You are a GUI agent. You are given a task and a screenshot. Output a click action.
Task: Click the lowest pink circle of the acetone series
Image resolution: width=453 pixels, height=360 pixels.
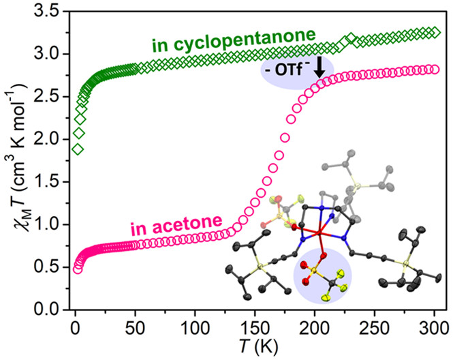[78, 269]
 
